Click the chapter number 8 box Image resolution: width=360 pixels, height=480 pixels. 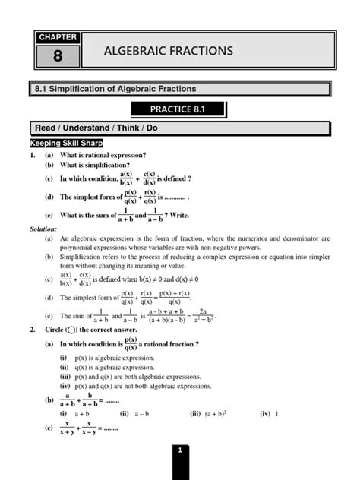[58, 55]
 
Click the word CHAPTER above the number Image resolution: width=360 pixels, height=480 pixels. [58, 36]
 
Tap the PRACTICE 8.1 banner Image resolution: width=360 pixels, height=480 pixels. [178, 109]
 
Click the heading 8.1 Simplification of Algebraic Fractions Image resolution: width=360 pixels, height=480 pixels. [111, 90]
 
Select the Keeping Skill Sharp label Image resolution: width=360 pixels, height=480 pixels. [66, 143]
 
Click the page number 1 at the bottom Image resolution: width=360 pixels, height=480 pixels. [179, 451]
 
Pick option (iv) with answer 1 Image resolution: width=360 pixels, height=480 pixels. [270, 414]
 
